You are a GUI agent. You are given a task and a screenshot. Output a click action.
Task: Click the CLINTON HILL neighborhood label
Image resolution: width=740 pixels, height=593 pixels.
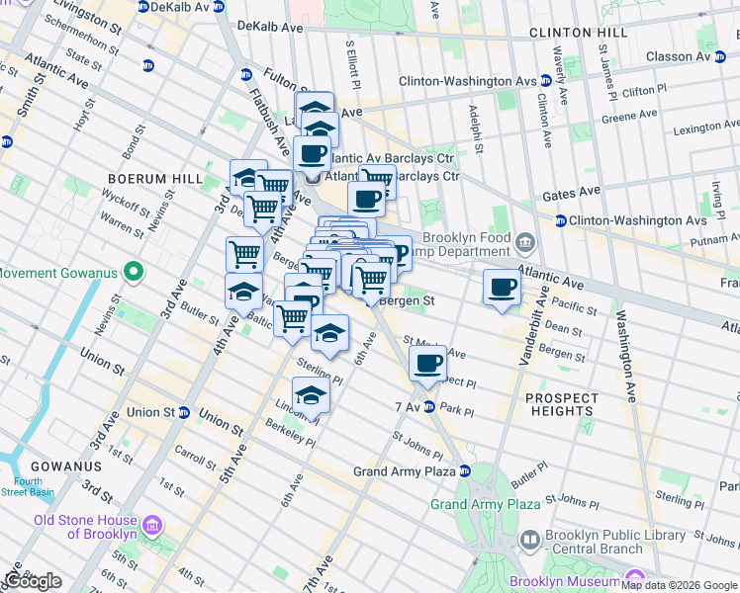pos(578,33)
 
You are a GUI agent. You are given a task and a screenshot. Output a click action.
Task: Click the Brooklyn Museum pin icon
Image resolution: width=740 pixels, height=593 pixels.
pos(634,577)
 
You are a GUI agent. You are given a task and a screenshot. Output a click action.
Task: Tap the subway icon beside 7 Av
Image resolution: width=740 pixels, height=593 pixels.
pos(429,407)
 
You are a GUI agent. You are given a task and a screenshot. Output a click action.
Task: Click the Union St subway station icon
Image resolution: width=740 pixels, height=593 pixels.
pos(184,412)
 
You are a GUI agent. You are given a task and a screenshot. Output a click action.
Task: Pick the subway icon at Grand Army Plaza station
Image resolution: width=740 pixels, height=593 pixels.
pos(464,471)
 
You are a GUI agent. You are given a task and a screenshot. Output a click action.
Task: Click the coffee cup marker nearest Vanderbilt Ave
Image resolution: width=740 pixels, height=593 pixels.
pos(503,288)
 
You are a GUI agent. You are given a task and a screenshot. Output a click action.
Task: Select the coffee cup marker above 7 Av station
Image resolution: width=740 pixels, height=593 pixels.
pos(427,364)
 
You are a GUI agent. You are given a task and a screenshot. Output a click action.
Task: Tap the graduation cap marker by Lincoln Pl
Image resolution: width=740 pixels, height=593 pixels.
pos(311,396)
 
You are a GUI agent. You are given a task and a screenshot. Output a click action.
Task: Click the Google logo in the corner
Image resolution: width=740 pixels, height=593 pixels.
pos(33,581)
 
